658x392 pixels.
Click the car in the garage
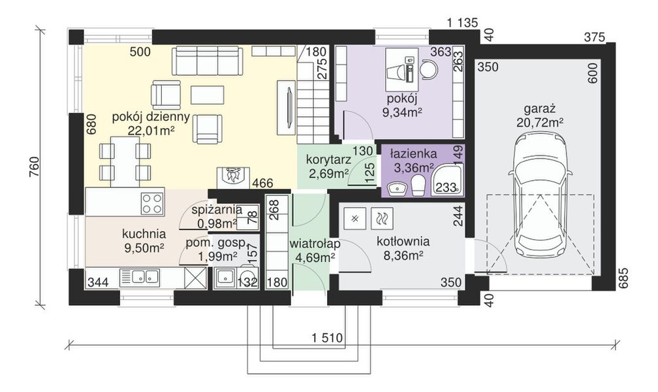(x=540, y=196)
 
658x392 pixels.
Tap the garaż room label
(x=540, y=109)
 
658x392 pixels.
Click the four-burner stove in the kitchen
(x=152, y=203)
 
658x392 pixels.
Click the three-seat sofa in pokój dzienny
(x=207, y=61)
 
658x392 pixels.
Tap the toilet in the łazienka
(x=418, y=186)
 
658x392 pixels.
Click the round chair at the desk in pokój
(x=428, y=69)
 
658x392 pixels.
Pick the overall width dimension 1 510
(x=327, y=337)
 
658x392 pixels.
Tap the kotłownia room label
(x=403, y=242)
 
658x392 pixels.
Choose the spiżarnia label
(x=217, y=209)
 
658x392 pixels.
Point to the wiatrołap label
(x=315, y=244)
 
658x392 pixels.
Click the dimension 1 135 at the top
(x=462, y=23)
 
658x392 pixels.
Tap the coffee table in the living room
(x=208, y=95)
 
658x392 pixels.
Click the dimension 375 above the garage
(x=595, y=37)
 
